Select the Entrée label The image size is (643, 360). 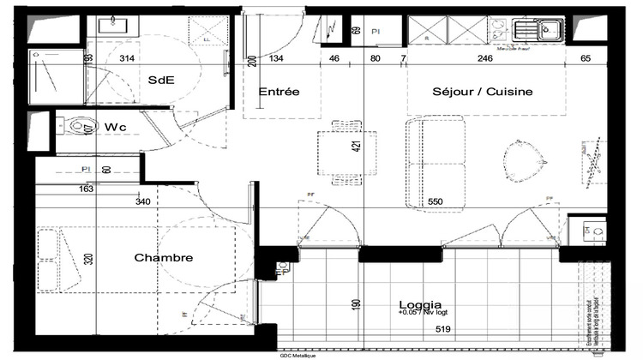pyautogui.click(x=279, y=91)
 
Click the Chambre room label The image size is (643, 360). pyautogui.click(x=163, y=257)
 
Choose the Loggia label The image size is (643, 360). pyautogui.click(x=420, y=304)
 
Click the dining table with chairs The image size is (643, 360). pyautogui.click(x=346, y=154)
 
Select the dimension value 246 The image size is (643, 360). pyautogui.click(x=485, y=59)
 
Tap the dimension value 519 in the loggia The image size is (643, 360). pyautogui.click(x=443, y=327)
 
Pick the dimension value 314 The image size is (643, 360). pyautogui.click(x=127, y=59)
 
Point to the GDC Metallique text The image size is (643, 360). pyautogui.click(x=298, y=355)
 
